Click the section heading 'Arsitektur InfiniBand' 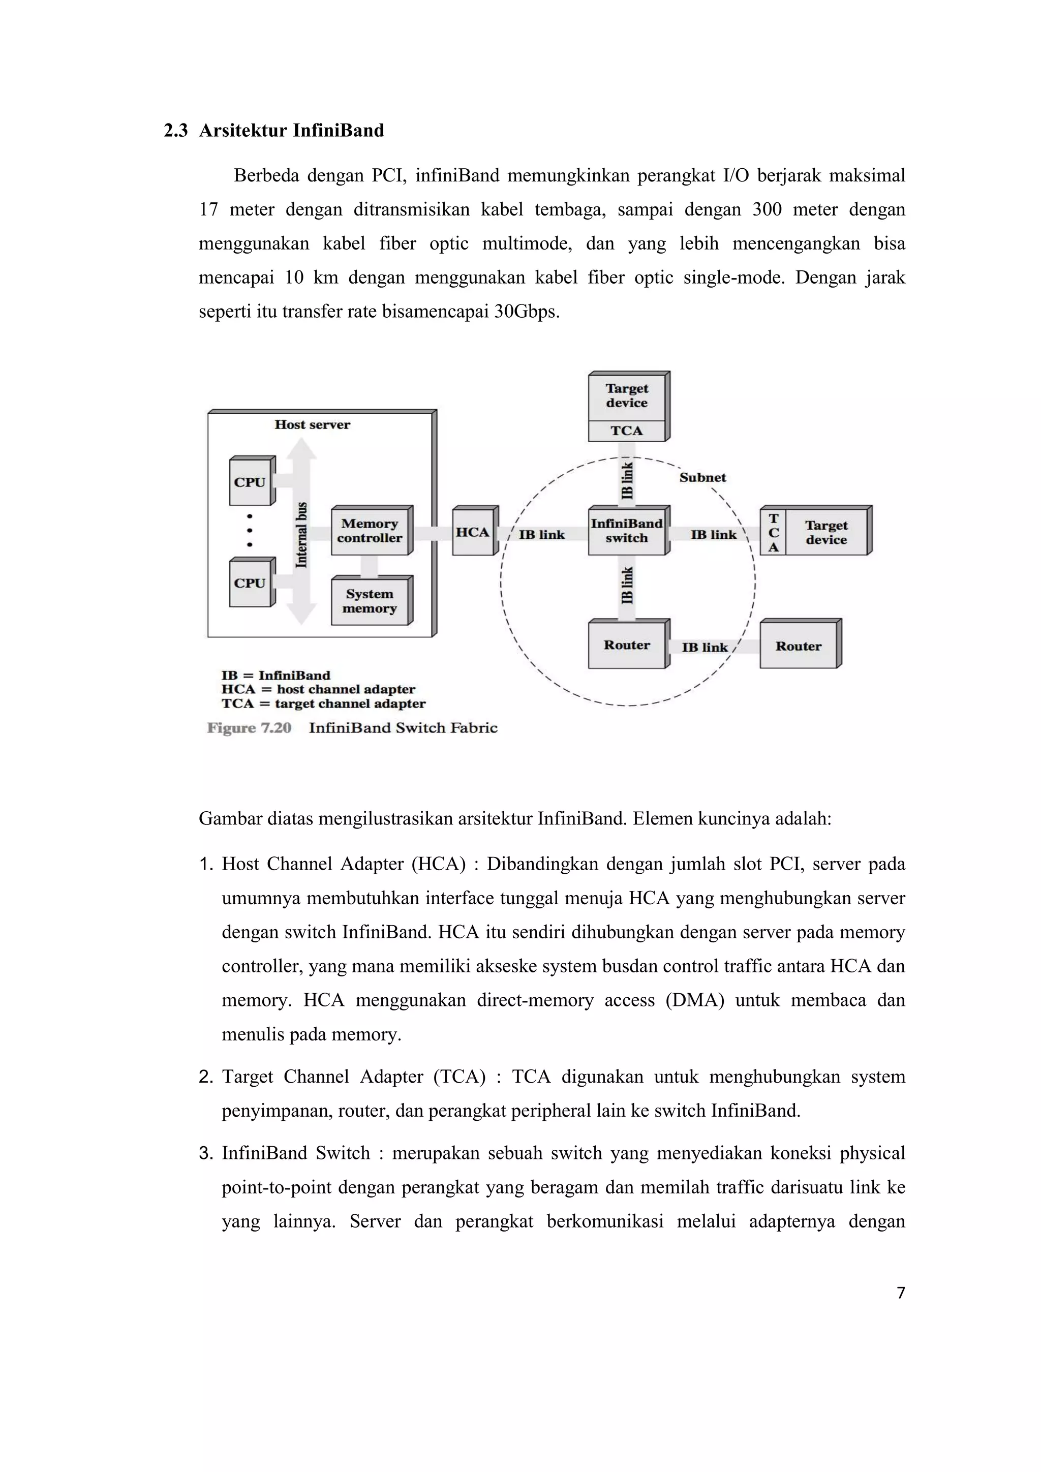coord(291,131)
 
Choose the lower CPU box coord(250,584)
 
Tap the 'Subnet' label coord(702,478)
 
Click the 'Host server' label coord(312,424)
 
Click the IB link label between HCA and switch coord(542,535)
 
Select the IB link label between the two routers coord(705,648)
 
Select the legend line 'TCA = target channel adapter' coord(323,703)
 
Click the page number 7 coord(901,1293)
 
